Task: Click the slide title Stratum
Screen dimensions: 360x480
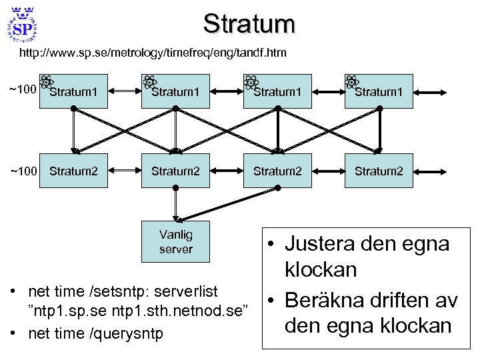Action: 249,23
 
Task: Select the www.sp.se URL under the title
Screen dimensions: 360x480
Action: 153,52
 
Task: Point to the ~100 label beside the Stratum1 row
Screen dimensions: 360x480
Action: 21,89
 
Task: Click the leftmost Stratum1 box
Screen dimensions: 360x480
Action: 73,91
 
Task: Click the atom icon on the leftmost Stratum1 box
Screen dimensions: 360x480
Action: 47,82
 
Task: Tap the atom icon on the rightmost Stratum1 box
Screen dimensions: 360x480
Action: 352,82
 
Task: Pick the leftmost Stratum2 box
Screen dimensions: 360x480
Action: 73,171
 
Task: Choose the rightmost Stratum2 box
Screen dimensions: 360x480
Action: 379,171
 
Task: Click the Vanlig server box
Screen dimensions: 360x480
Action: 175,241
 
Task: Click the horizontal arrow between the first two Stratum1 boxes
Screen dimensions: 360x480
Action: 124,91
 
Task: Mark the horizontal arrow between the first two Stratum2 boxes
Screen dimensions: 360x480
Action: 124,171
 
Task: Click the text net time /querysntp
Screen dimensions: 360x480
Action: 95,334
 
